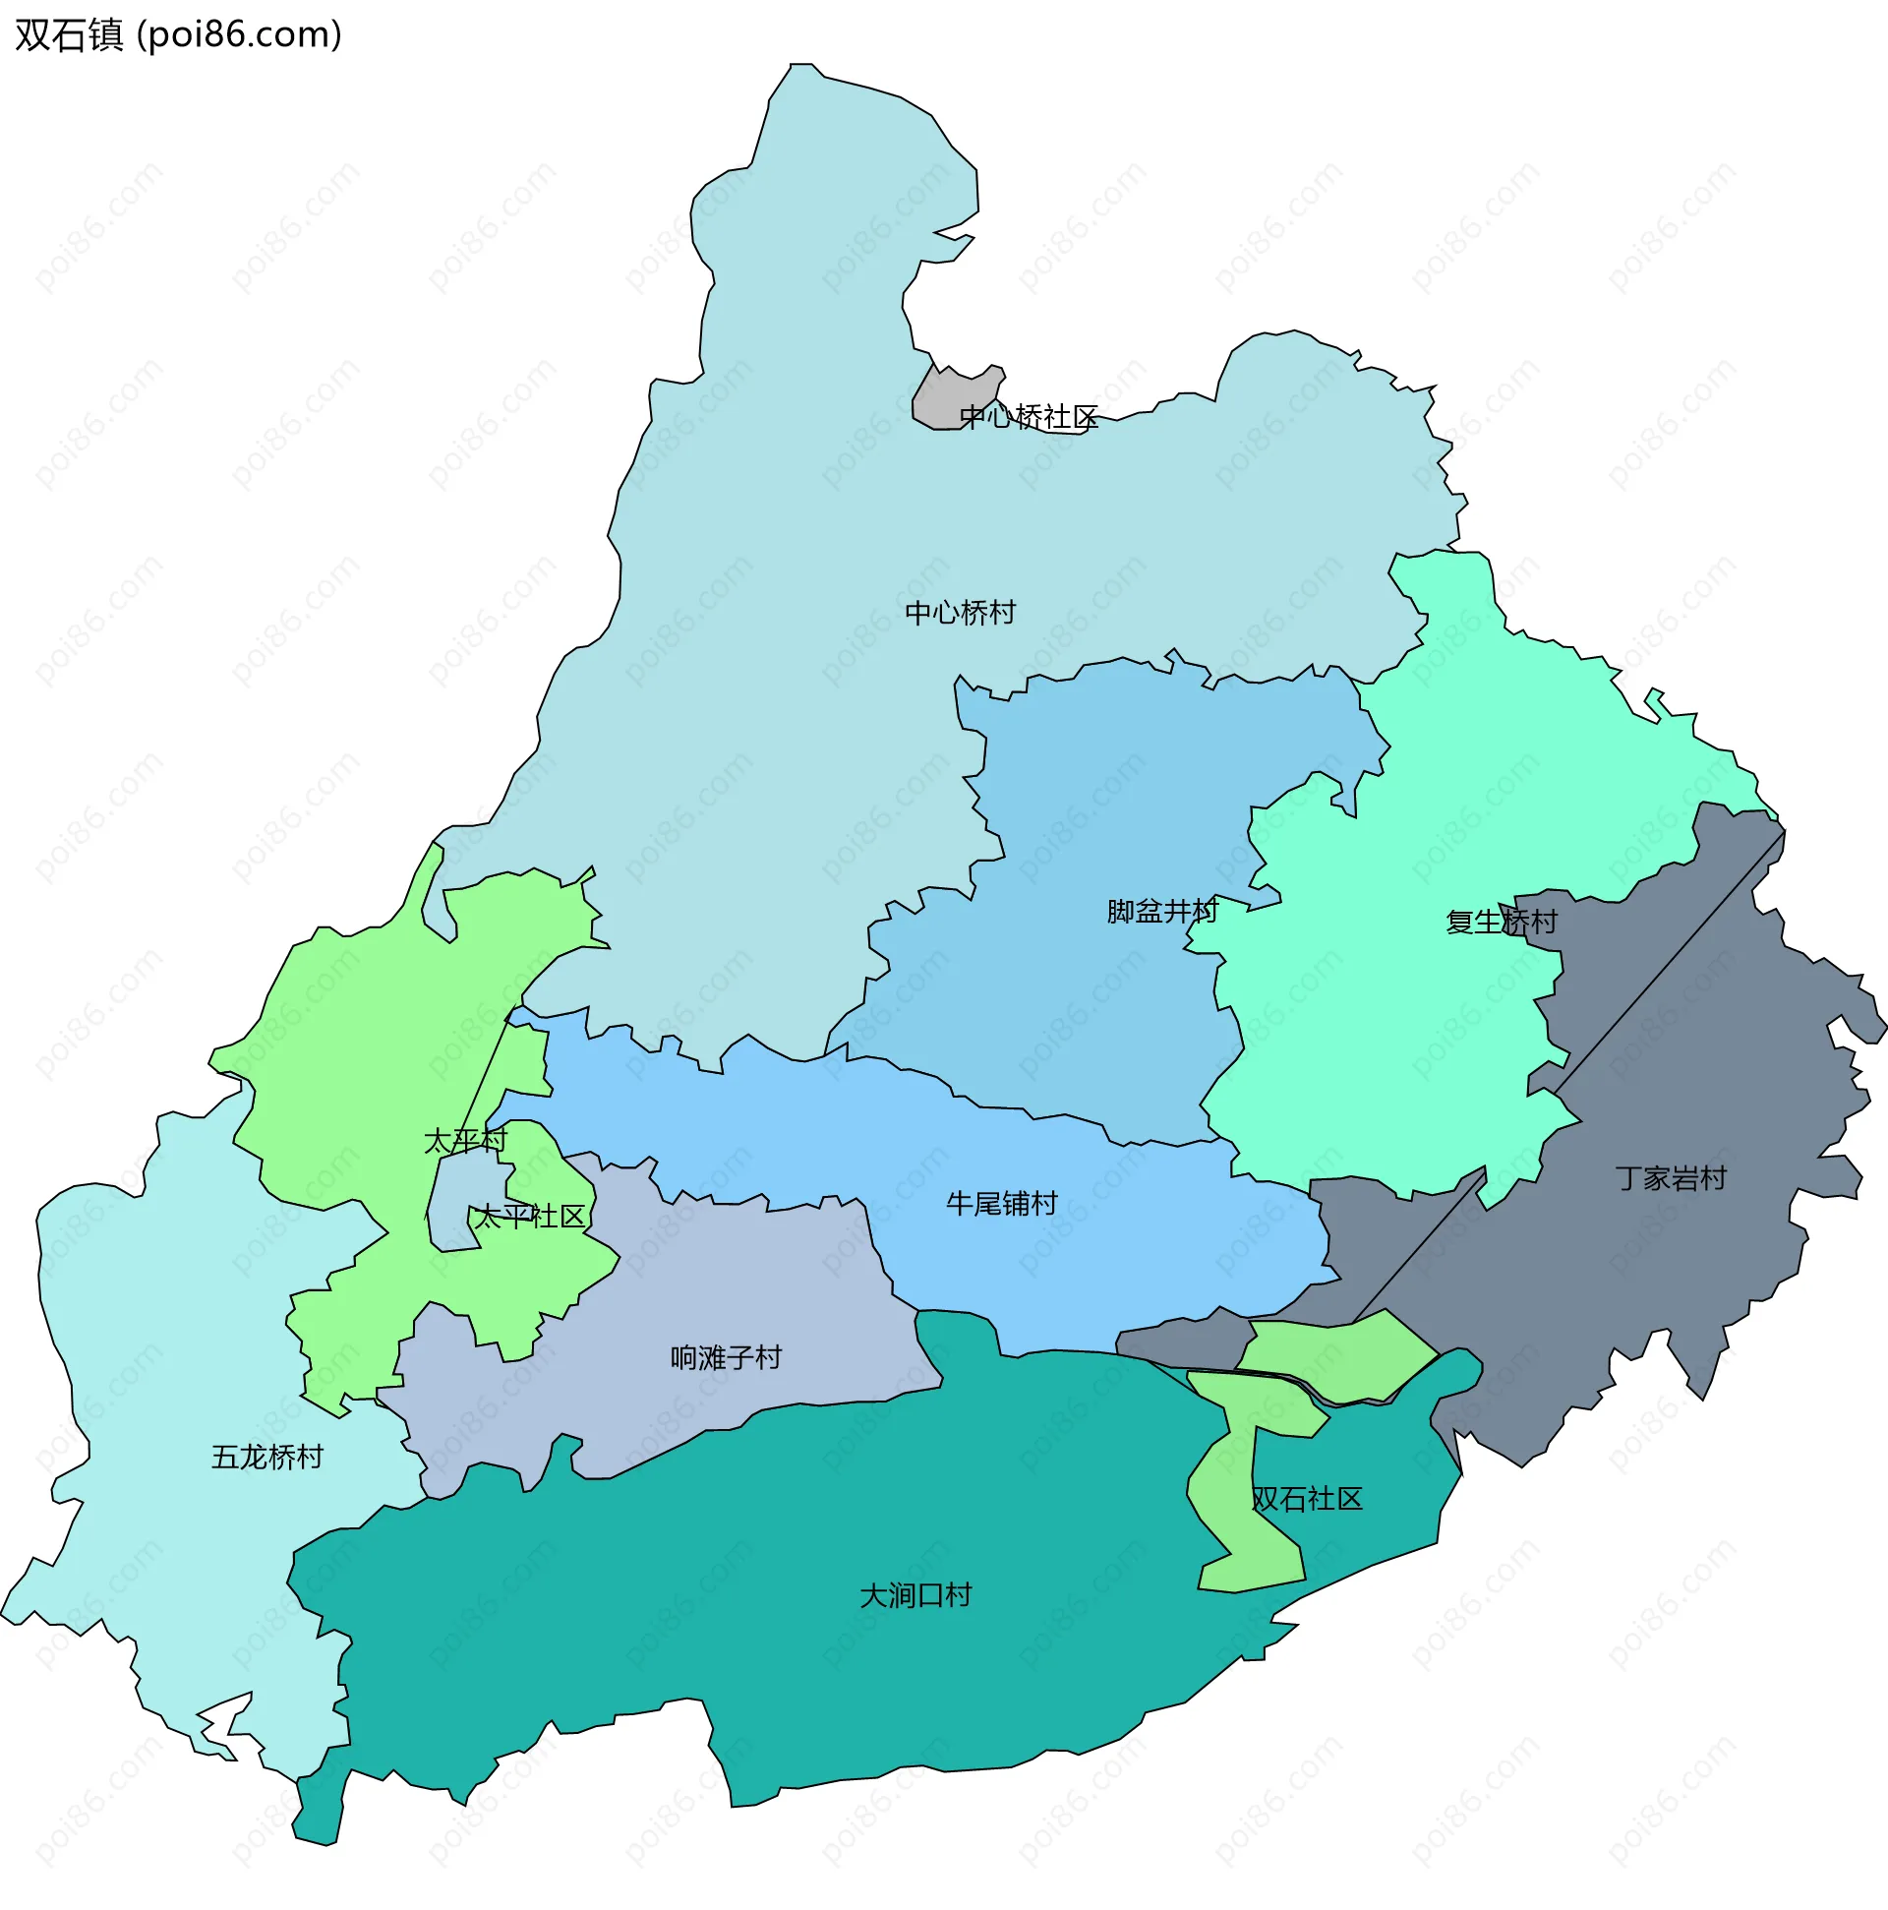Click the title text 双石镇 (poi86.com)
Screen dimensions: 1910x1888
coord(178,34)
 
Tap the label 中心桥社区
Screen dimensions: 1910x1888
coord(1028,417)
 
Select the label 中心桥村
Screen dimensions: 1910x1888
coord(960,613)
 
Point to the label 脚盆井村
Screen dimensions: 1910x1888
coord(1161,911)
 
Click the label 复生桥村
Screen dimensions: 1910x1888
coord(1501,922)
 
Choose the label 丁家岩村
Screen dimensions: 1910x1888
coord(1670,1178)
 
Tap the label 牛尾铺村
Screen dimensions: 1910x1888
coord(1001,1203)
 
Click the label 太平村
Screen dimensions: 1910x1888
coord(464,1141)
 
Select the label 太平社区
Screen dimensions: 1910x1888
coord(530,1216)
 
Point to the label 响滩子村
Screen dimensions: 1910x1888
coord(726,1357)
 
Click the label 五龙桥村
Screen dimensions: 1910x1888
coord(266,1458)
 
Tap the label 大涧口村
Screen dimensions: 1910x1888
coord(915,1595)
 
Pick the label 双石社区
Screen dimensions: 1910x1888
coord(1307,1499)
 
